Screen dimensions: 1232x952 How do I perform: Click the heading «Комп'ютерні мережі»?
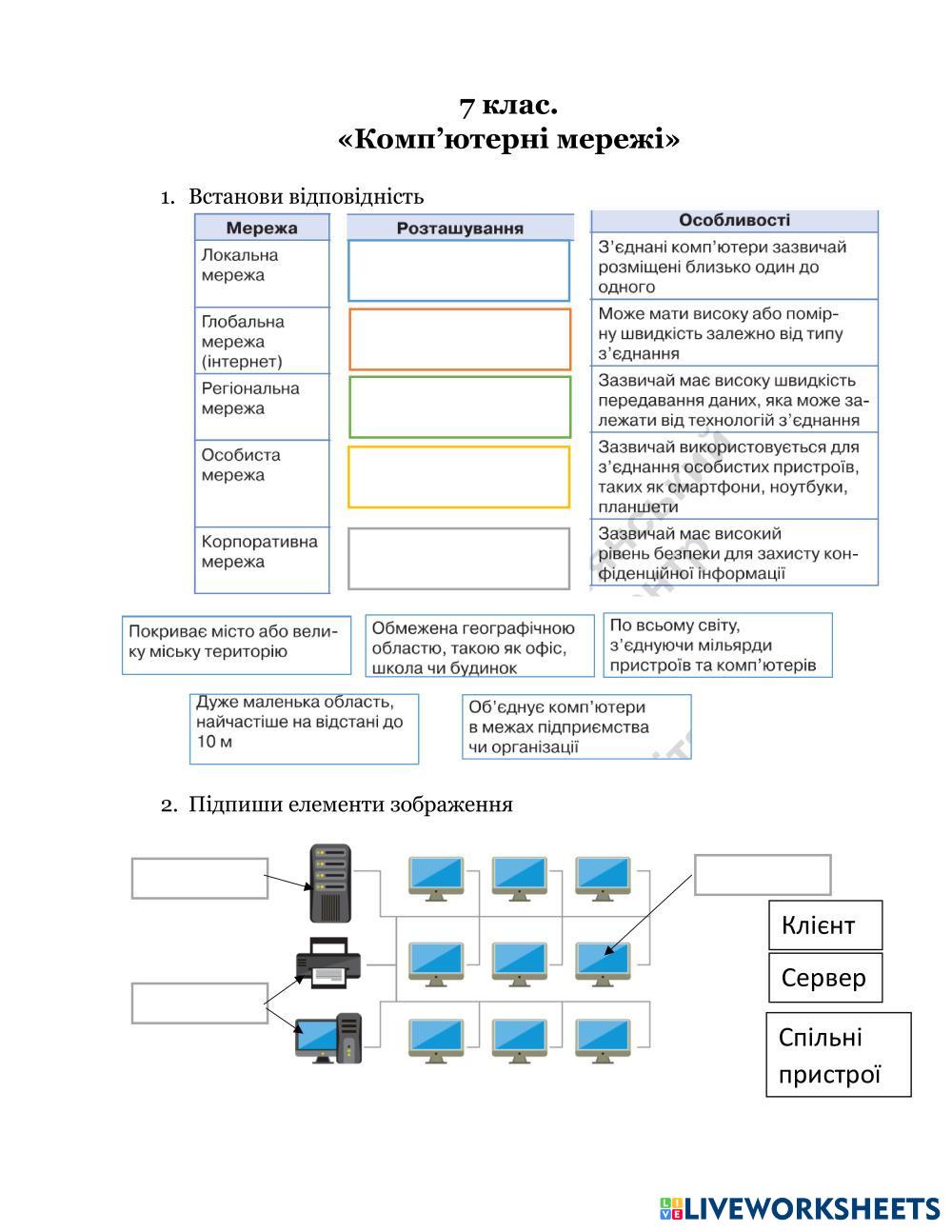(x=509, y=140)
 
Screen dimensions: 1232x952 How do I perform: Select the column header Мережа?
(x=262, y=228)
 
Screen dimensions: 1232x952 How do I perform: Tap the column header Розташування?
(x=460, y=228)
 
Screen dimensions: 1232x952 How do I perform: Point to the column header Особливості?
(x=734, y=220)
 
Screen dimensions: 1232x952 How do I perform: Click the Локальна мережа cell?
(x=262, y=272)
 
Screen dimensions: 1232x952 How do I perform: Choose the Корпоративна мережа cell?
(x=262, y=560)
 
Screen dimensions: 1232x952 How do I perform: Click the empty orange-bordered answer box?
(x=460, y=339)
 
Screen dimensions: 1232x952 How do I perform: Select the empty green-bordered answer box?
(x=460, y=407)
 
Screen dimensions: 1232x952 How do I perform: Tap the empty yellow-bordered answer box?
(x=460, y=477)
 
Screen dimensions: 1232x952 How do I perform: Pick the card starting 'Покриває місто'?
(x=236, y=645)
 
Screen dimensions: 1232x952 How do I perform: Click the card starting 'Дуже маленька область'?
(x=304, y=728)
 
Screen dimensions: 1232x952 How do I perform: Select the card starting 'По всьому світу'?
(x=718, y=645)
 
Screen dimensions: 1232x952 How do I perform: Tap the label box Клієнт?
(x=825, y=925)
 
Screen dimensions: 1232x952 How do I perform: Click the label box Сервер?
(x=825, y=978)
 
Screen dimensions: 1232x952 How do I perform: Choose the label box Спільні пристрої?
(x=838, y=1055)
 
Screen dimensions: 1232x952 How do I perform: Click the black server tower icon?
(x=330, y=883)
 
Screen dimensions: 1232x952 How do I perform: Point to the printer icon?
(x=328, y=963)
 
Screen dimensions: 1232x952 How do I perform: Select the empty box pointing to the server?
(x=199, y=878)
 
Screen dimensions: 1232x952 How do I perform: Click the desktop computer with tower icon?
(x=328, y=1039)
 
